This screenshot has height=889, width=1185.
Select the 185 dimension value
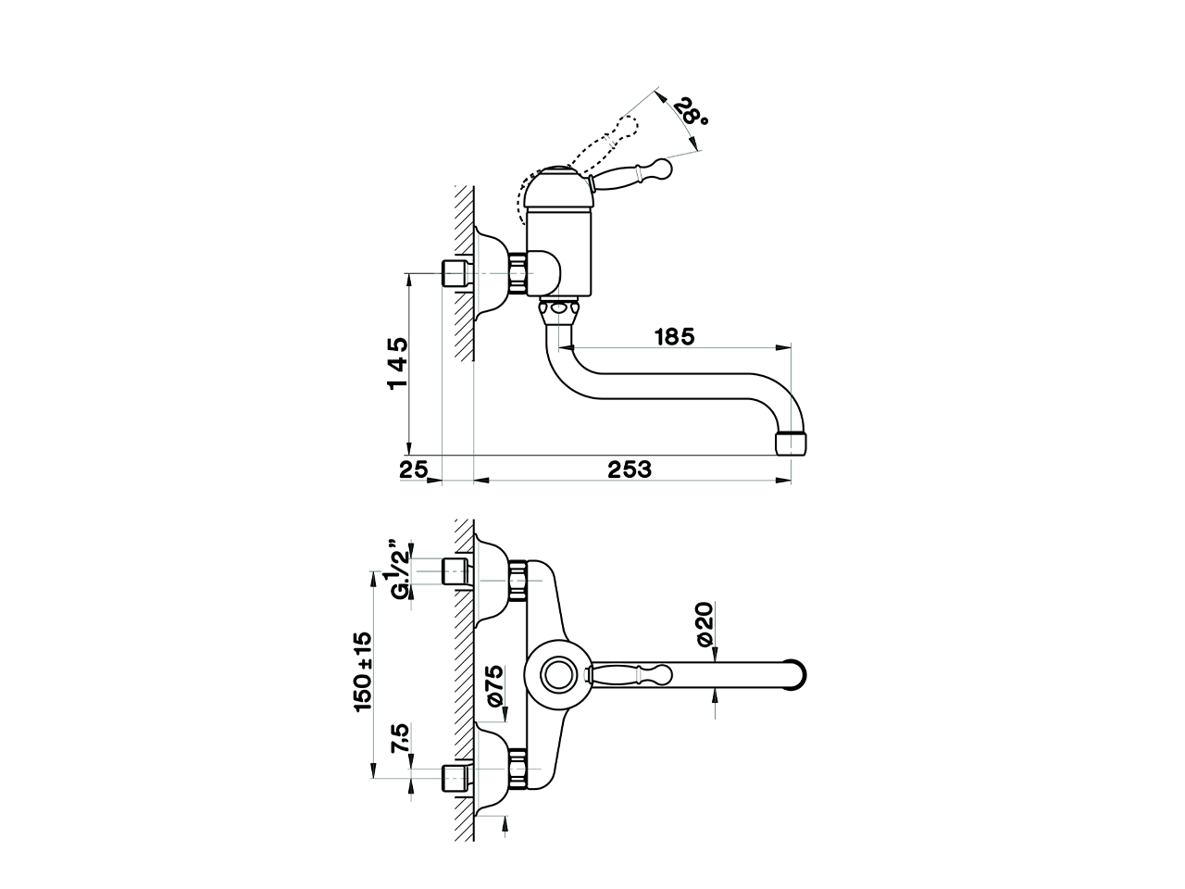[x=674, y=336]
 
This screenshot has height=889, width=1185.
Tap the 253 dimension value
[x=630, y=470]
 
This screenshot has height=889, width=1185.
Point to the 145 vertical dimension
[x=398, y=363]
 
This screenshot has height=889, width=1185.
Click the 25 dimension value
[x=413, y=470]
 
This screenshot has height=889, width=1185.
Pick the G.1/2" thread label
[x=397, y=570]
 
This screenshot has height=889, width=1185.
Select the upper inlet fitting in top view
[x=456, y=572]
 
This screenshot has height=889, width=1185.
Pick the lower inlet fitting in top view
[x=456, y=778]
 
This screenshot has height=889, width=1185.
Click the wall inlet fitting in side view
[x=455, y=274]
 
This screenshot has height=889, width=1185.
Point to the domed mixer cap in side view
[x=556, y=189]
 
